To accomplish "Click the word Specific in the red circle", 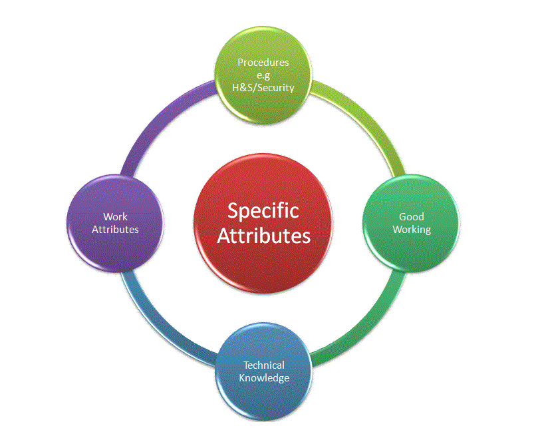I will point(263,211).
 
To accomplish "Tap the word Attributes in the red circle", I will point(263,236).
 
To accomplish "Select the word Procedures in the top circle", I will point(263,63).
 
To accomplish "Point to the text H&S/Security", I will point(263,87).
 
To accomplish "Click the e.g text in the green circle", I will point(263,75).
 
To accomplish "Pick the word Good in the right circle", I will point(411,217).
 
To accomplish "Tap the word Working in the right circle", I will point(411,229).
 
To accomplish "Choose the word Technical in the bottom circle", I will point(263,365).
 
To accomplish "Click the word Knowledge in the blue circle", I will point(263,377).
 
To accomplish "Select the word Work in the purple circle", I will point(115,217).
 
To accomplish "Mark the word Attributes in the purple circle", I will point(115,229).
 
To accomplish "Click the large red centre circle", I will point(263,260).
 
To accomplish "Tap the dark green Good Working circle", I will point(411,250).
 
